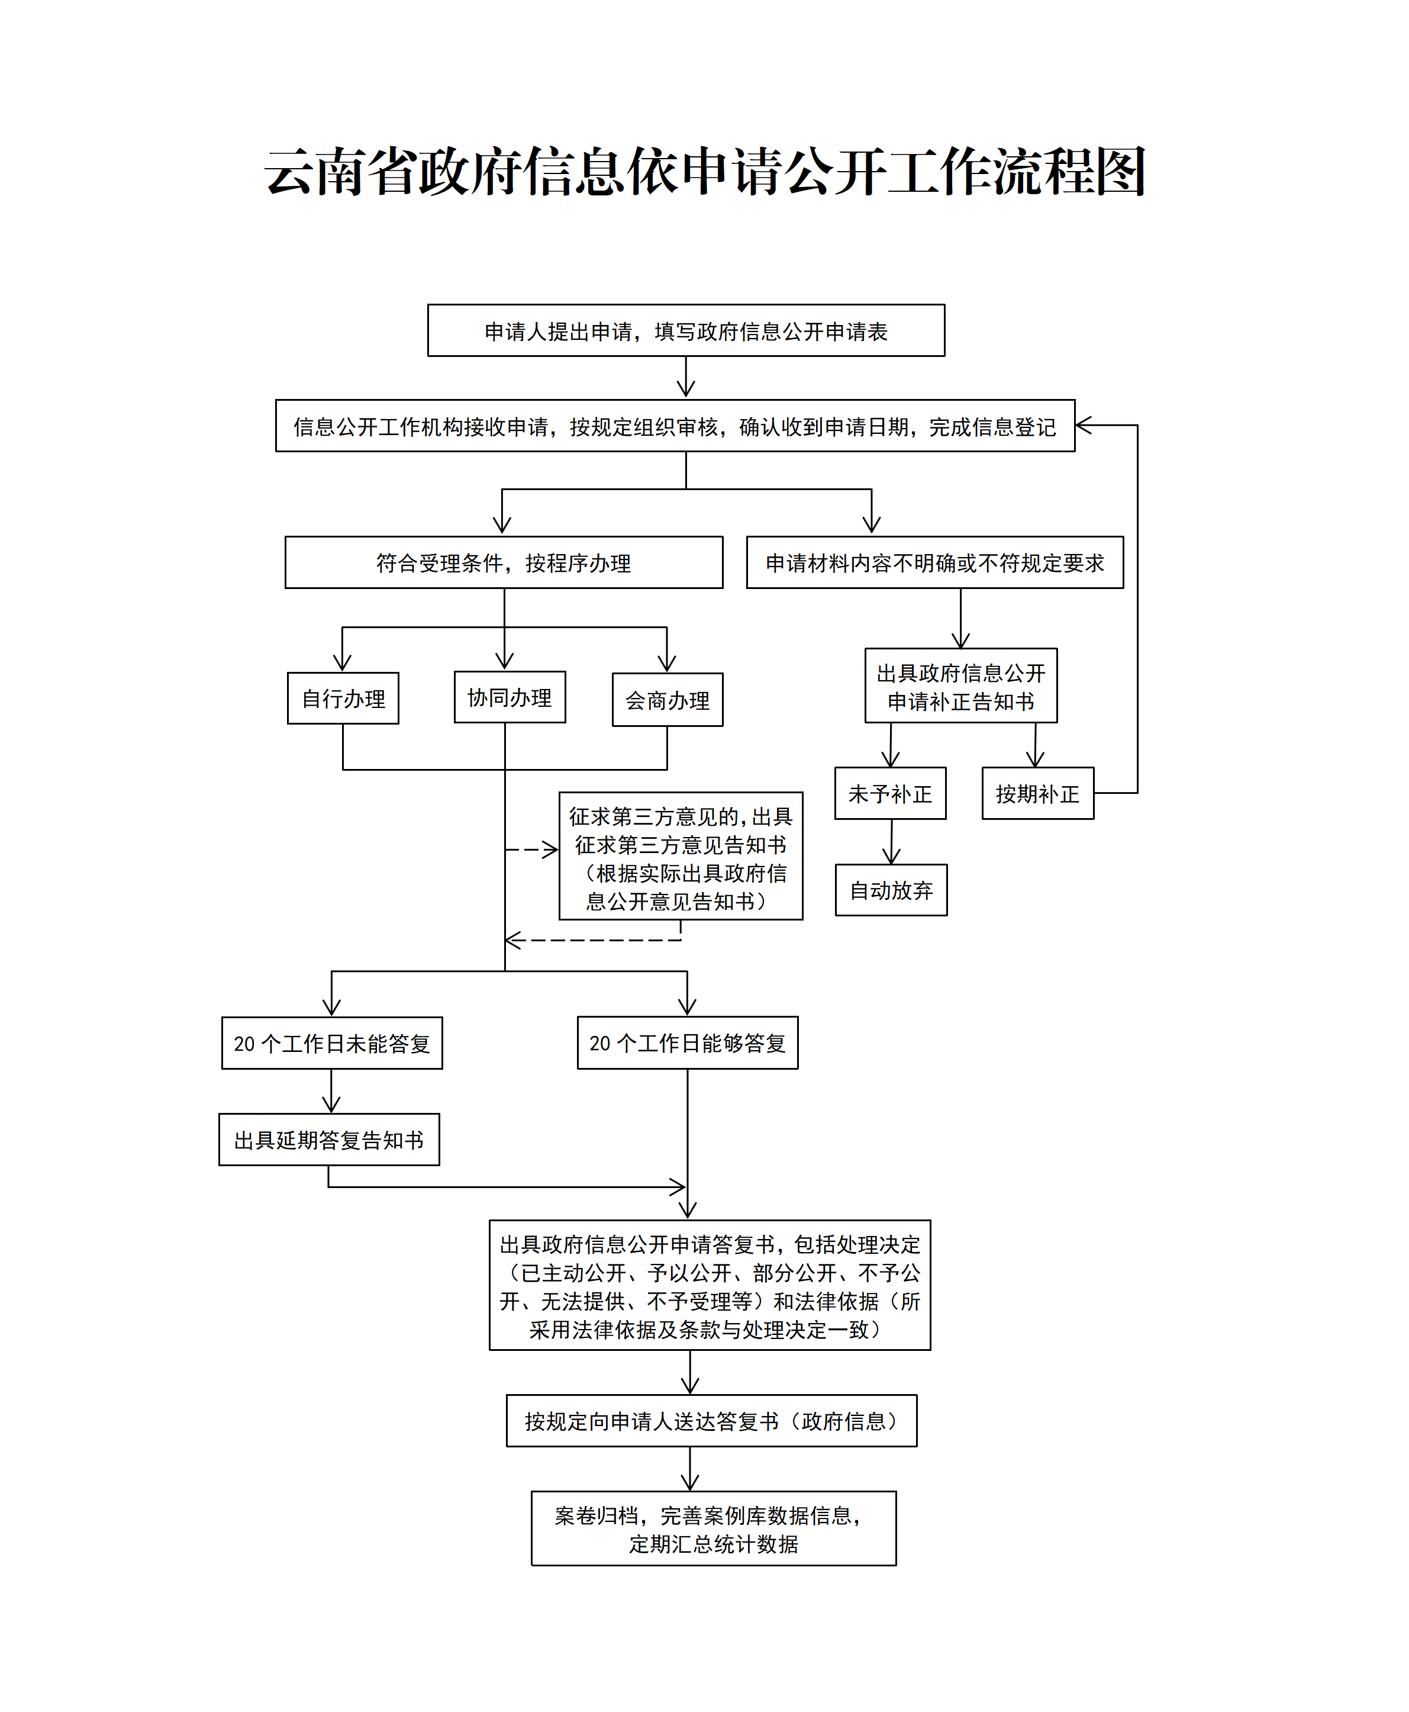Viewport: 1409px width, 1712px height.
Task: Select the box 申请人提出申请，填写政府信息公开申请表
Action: [x=686, y=330]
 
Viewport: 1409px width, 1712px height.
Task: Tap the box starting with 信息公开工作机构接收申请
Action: [x=675, y=426]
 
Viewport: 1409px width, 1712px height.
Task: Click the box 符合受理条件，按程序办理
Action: [x=503, y=562]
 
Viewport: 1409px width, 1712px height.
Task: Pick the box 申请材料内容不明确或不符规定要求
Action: [x=934, y=562]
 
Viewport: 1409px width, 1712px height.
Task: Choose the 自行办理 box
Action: [x=343, y=698]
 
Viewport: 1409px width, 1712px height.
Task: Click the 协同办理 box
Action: [x=509, y=697]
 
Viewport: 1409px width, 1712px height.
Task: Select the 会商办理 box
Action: [x=667, y=699]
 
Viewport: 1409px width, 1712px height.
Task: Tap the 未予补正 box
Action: [x=889, y=793]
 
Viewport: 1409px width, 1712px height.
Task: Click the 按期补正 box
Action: [x=1037, y=793]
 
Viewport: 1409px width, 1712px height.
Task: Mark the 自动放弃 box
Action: [x=891, y=890]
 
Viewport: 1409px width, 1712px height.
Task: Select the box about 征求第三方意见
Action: [x=680, y=855]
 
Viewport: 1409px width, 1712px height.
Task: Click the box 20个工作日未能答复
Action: [x=331, y=1042]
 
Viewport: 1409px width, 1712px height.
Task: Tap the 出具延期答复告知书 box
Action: [x=328, y=1139]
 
